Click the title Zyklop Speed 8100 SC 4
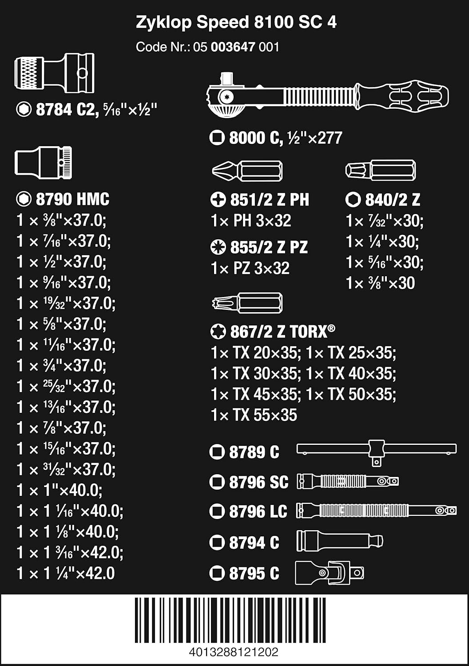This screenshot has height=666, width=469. tap(236, 22)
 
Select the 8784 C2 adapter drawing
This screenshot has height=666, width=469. tap(54, 73)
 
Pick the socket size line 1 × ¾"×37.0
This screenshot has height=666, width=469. tap(61, 365)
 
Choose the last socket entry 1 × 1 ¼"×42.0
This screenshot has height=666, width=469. tap(66, 573)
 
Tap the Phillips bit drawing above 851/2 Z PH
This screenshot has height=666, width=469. tap(247, 171)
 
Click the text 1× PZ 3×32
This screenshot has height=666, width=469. tap(250, 268)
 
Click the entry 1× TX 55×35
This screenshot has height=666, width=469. tap(254, 415)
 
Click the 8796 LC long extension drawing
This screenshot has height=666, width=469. tap(376, 511)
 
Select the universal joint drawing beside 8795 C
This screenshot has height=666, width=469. tap(329, 573)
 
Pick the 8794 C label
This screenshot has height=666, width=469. tap(254, 542)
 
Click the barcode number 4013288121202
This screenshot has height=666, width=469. tap(234, 652)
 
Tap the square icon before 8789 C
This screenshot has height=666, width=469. tap(217, 452)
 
